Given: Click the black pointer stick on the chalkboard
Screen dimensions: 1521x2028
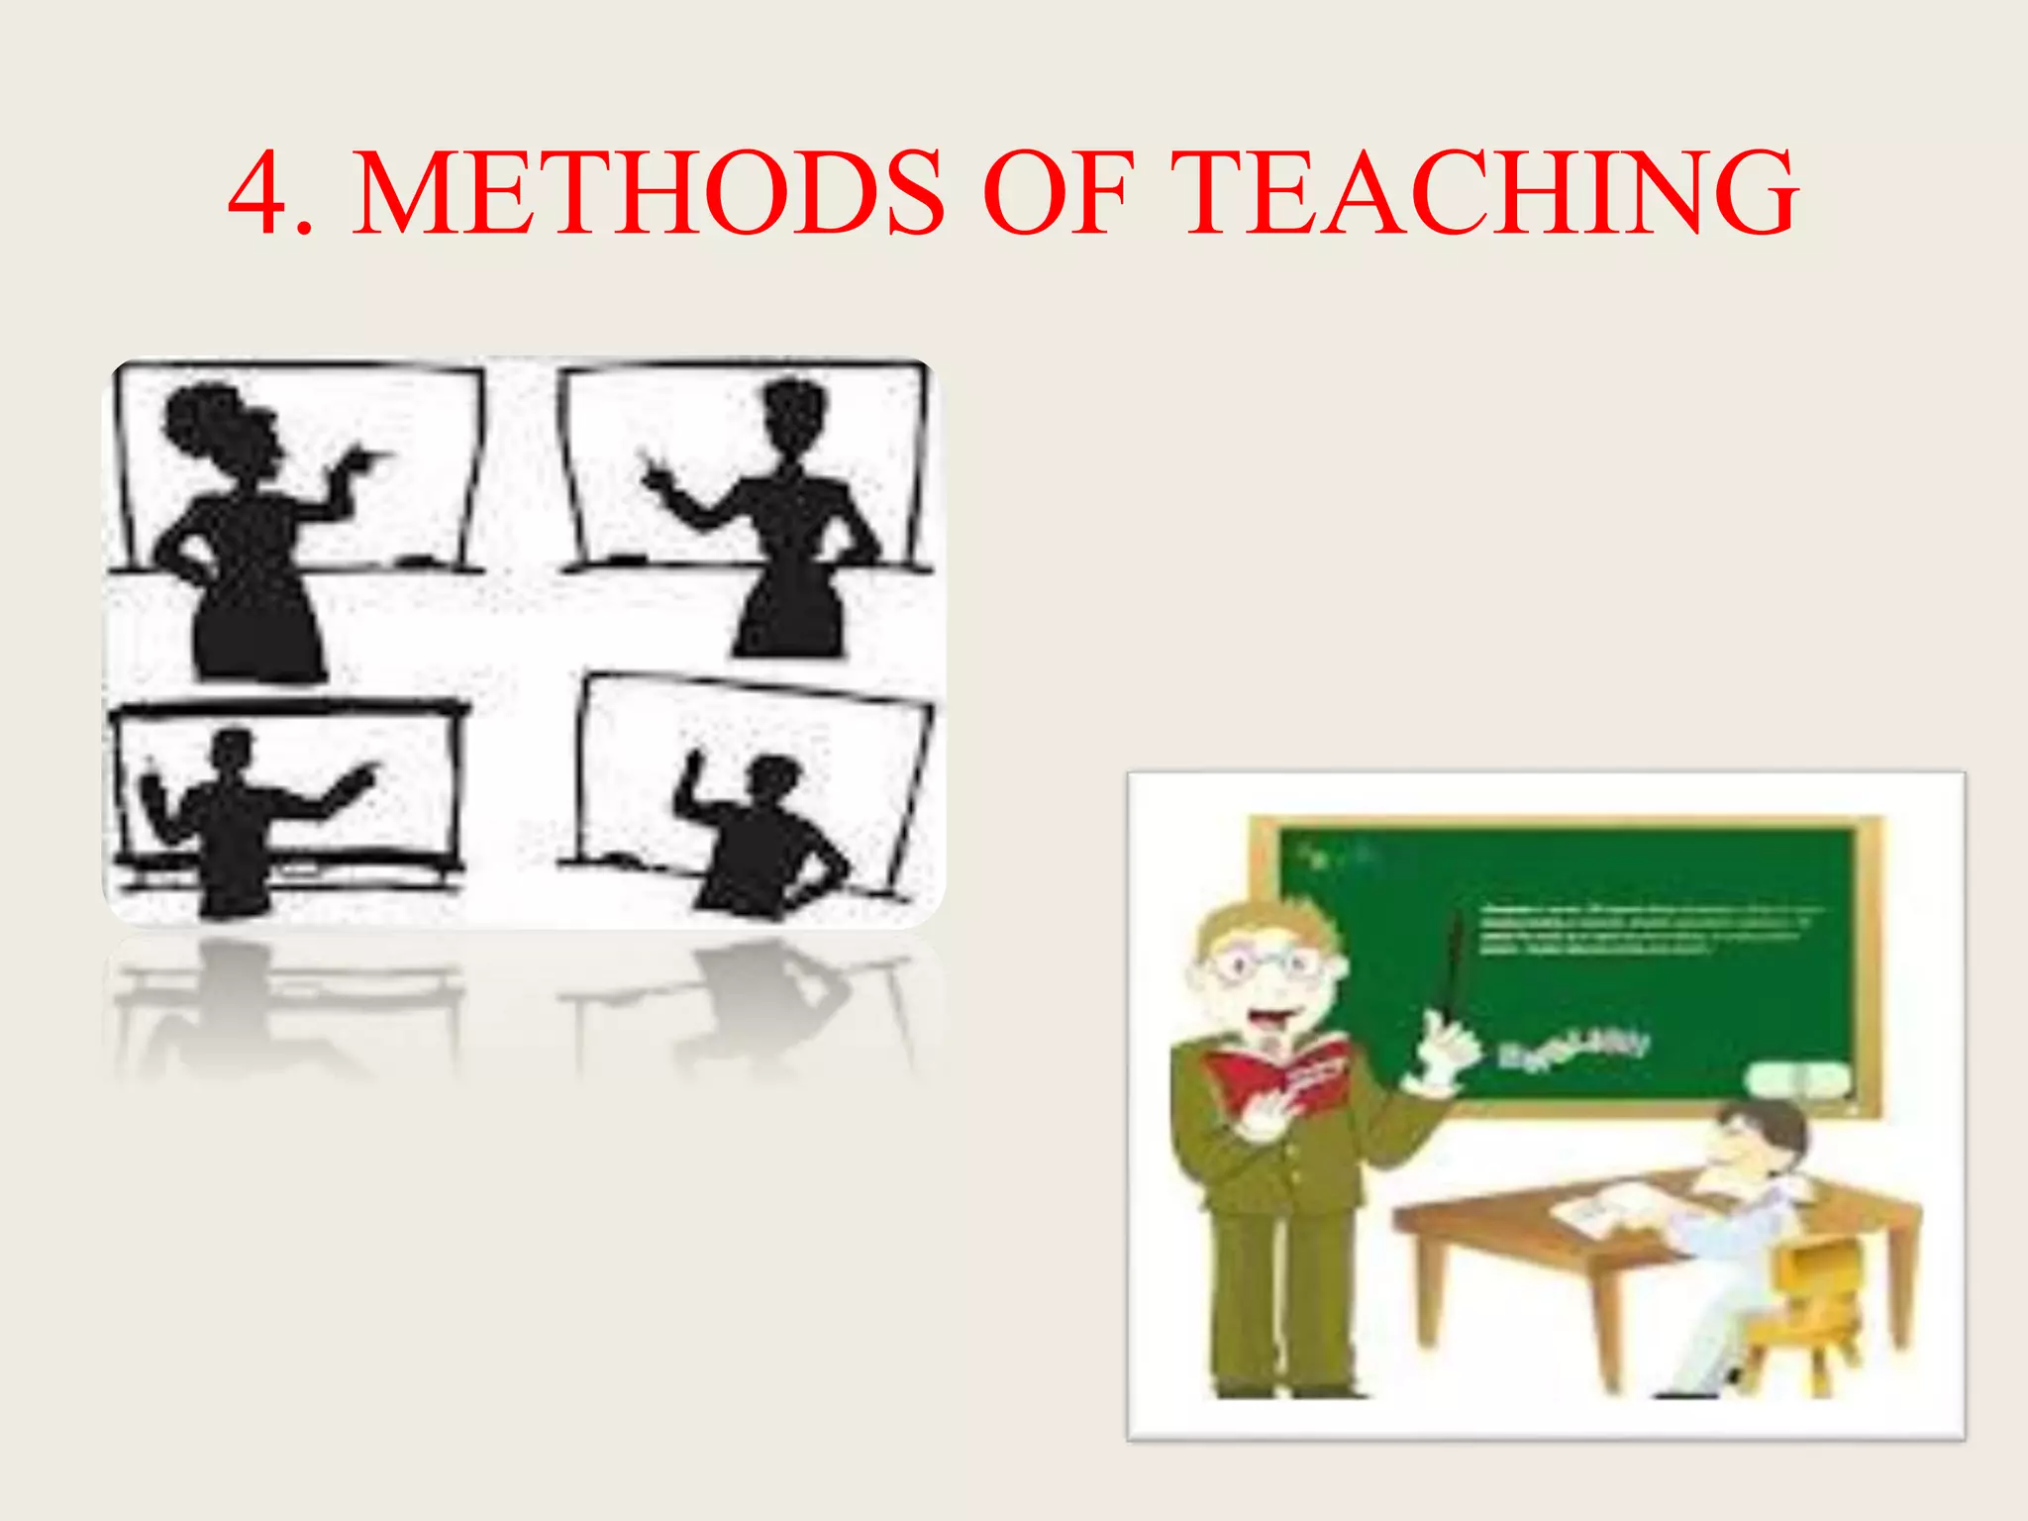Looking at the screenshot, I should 1454,965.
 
